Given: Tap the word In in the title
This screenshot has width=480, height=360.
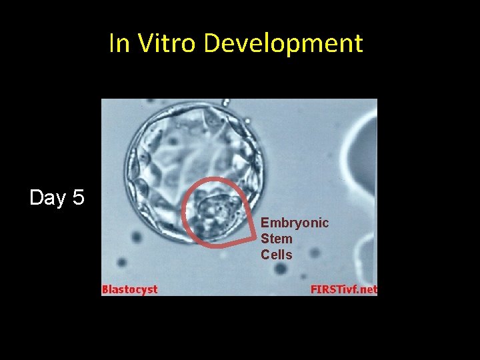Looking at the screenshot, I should coord(120,43).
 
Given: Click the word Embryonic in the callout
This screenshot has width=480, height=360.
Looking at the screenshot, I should coord(295,223).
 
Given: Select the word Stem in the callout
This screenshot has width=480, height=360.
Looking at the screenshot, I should coord(277,239).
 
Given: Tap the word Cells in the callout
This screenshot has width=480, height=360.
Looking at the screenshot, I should coord(277,255).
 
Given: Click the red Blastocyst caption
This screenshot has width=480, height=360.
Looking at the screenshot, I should coord(130,289).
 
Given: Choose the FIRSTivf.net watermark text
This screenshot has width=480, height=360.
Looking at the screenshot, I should coord(343,289).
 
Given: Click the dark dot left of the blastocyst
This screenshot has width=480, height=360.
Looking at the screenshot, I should coord(137,237).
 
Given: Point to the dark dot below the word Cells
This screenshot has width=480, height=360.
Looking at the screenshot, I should coord(281,268).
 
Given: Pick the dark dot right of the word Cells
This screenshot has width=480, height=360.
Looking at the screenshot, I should coord(314,253).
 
